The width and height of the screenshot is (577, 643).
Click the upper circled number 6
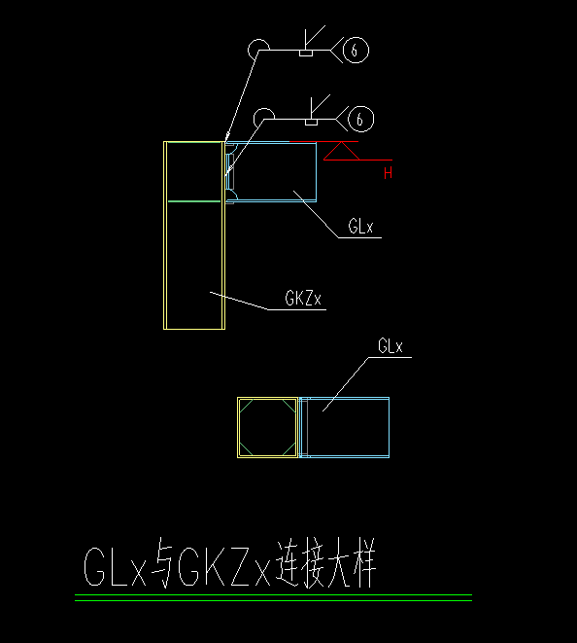coord(357,50)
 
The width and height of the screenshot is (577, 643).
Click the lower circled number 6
coord(360,120)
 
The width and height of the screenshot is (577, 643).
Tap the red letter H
coord(389,174)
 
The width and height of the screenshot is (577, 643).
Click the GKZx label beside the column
coord(304,299)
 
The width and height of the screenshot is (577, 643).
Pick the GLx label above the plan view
coord(391,346)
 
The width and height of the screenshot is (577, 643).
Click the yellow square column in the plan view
coord(267,427)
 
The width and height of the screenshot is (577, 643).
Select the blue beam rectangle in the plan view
coord(346,427)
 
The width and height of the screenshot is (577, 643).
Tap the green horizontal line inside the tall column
coord(194,201)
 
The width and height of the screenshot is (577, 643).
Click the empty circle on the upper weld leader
coord(257,49)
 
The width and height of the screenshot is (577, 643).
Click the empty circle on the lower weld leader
coord(262,119)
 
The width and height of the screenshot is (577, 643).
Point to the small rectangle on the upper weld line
coord(305,53)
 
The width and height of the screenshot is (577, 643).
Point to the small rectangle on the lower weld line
coord(312,123)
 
